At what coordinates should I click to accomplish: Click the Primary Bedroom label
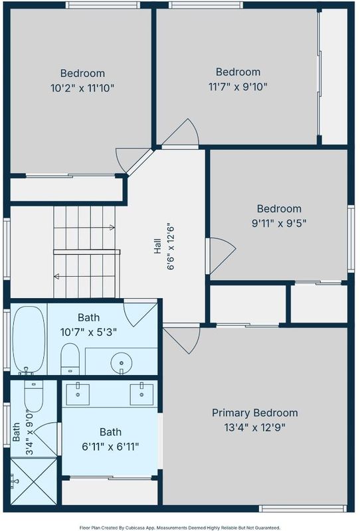254,413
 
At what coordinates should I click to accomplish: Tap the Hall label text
157,246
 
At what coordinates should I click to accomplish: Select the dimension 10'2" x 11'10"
82,88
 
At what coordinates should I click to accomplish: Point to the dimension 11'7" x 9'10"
238,87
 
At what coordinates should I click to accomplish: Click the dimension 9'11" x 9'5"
279,224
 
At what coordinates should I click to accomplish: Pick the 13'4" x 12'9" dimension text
254,427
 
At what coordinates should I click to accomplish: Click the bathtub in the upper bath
29,340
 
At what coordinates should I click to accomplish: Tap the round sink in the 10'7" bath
121,363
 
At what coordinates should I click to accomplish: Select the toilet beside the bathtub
70,359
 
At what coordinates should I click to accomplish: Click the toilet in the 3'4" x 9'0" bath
34,396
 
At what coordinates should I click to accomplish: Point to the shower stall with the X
34,481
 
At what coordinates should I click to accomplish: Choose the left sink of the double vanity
78,394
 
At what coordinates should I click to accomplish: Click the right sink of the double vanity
141,394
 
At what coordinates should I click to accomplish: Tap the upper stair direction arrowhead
112,227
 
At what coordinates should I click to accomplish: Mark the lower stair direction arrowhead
56,277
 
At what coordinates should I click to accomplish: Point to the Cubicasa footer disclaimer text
180,528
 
